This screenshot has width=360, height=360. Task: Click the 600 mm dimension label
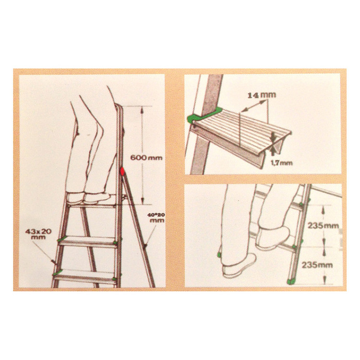tap(146, 157)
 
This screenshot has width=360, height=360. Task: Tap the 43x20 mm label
tap(38, 234)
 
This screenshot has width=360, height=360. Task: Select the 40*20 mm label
tap(156, 217)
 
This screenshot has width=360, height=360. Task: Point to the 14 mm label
tap(262, 96)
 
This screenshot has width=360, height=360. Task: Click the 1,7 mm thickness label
tap(282, 163)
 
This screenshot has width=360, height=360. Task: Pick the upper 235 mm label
tap(323, 226)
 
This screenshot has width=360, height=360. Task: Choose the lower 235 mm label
tap(317, 265)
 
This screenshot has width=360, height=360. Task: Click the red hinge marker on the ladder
tap(122, 171)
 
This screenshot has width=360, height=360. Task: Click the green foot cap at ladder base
tap(291, 281)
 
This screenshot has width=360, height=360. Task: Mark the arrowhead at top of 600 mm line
tap(142, 110)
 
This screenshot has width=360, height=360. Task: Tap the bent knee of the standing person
tap(99, 128)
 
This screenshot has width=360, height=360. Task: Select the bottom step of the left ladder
tap(84, 276)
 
